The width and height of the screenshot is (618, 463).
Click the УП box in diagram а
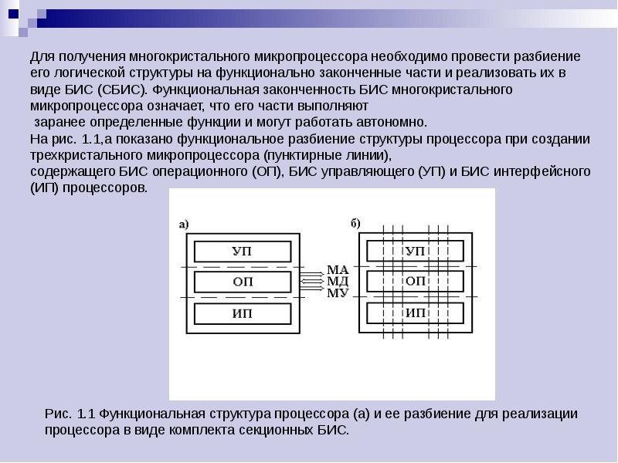242,252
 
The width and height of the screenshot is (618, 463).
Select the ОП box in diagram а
242,282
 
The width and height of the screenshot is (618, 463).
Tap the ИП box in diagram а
242,314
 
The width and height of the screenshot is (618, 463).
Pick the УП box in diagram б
415,252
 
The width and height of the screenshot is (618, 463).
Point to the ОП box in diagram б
415,282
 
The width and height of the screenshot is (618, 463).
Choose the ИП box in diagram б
415,314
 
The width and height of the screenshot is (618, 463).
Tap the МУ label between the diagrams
338,292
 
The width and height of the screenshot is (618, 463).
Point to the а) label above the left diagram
184,225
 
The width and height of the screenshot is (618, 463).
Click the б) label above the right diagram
355,225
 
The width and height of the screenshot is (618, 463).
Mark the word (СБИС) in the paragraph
121,90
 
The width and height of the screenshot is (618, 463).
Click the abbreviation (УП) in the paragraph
432,171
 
